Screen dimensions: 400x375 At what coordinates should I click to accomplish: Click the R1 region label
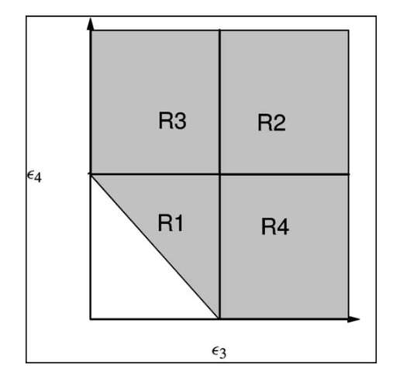point(171,223)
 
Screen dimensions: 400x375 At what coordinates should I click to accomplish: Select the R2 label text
point(271,122)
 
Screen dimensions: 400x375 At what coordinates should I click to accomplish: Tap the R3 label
point(172,120)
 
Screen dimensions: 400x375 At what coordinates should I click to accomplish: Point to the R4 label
point(275,226)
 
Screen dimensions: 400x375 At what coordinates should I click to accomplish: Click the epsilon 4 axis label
point(34,177)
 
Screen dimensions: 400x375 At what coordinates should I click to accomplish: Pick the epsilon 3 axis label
point(219,352)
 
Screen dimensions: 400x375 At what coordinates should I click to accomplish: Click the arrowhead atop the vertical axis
point(90,24)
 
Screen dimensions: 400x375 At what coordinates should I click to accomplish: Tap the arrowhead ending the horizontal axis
point(353,319)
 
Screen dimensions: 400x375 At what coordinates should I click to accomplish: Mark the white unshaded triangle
point(133,271)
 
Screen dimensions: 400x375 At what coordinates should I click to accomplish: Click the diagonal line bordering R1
point(154,246)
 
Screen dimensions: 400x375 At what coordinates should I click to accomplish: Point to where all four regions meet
point(219,174)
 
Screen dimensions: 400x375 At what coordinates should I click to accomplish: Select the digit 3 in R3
point(180,120)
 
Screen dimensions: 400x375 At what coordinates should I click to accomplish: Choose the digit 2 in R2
point(279,122)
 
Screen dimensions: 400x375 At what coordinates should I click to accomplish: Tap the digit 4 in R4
point(282,227)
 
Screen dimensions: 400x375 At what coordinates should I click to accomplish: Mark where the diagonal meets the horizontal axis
point(219,319)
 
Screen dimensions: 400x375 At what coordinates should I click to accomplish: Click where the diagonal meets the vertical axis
point(90,174)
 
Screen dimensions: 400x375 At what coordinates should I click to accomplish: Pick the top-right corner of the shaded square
point(349,30)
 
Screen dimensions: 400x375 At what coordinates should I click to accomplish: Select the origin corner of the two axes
point(91,319)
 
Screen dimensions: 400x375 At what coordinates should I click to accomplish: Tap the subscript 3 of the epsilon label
point(223,353)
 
